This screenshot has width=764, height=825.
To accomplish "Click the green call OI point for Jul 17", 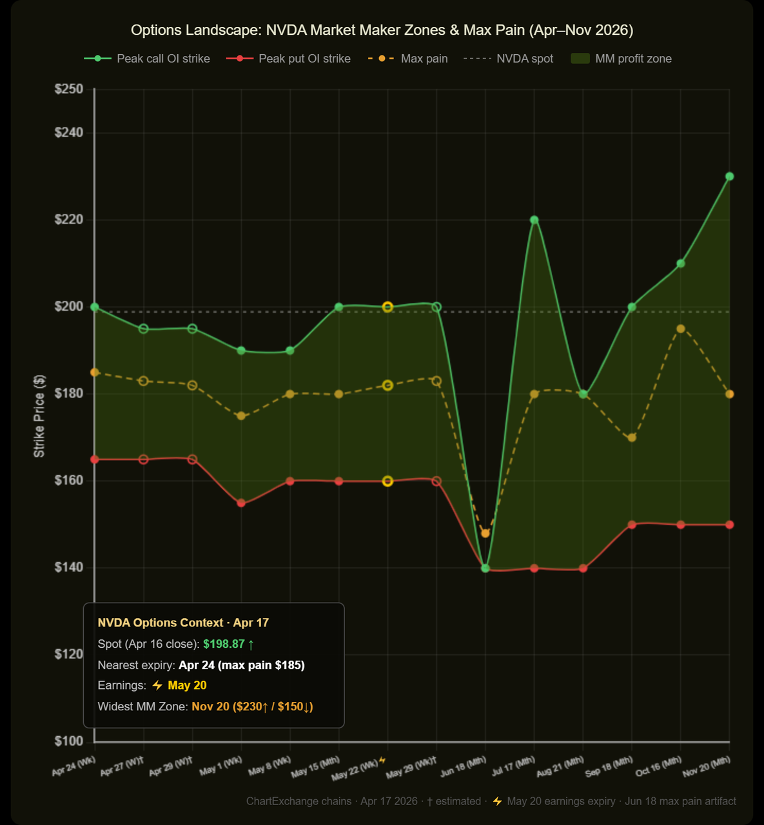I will tap(534, 220).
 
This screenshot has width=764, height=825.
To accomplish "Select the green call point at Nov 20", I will tap(729, 177).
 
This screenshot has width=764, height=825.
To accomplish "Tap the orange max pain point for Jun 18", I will tap(485, 533).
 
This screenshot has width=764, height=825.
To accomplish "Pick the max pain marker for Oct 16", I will tap(680, 329).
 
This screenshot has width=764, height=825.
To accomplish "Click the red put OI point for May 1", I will tap(241, 503).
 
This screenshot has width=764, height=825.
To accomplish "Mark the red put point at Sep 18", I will tap(632, 525).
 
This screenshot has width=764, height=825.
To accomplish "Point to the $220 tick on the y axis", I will tap(69, 220).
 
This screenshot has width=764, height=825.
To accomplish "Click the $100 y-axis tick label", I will tap(69, 741).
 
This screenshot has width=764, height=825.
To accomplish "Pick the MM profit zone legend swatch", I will tap(580, 59).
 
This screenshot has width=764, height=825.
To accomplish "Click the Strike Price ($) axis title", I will tap(40, 416).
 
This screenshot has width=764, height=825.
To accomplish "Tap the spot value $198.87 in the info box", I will tap(224, 644).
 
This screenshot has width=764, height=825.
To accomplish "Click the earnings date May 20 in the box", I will tap(187, 685).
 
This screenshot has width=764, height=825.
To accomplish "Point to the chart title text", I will tap(382, 30).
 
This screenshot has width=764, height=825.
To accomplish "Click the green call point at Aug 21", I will tap(583, 394).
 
